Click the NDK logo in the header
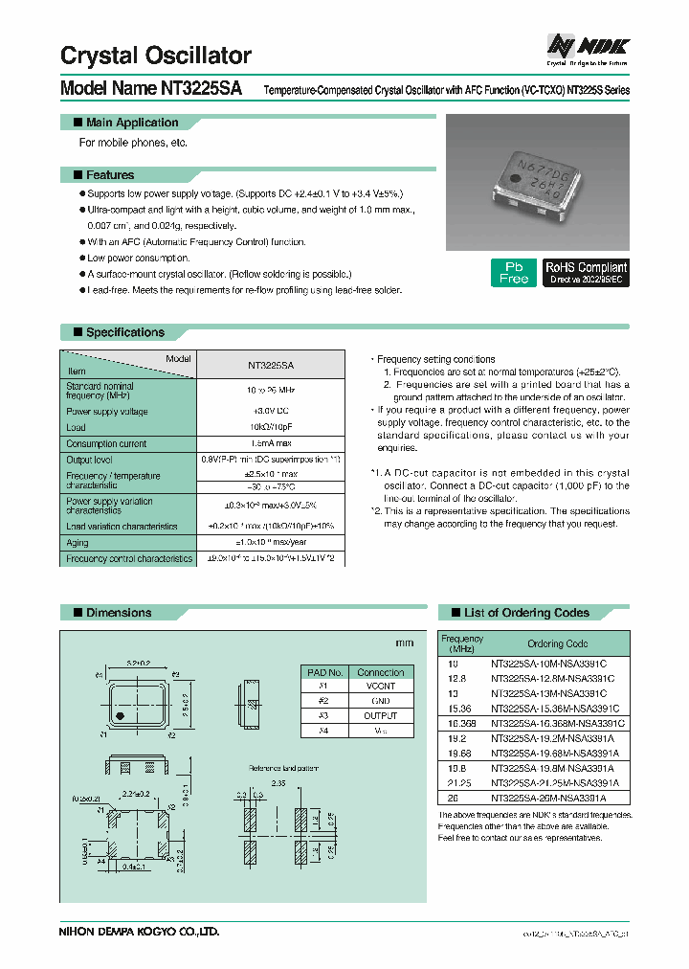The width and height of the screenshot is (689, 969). (587, 47)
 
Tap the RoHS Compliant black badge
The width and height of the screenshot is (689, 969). (586, 272)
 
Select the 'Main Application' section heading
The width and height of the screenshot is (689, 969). (132, 123)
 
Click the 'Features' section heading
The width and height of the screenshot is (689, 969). (109, 175)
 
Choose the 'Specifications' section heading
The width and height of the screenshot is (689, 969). (124, 332)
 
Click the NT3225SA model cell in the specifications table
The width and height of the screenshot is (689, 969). (271, 365)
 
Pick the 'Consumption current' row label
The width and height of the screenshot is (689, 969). (106, 443)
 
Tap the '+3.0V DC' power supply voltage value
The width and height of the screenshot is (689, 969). (271, 412)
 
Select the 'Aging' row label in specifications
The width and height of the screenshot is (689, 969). (77, 542)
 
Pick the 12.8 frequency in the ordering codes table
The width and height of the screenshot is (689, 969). (453, 678)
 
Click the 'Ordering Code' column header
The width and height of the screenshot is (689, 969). (557, 643)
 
